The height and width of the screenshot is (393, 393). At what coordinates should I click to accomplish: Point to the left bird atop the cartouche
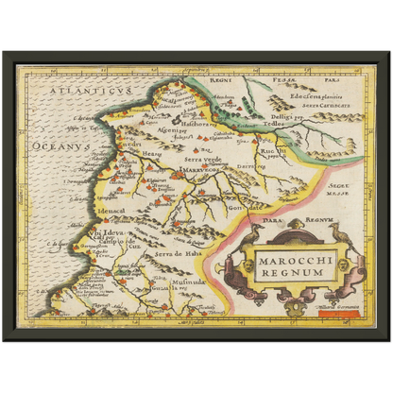253,231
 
